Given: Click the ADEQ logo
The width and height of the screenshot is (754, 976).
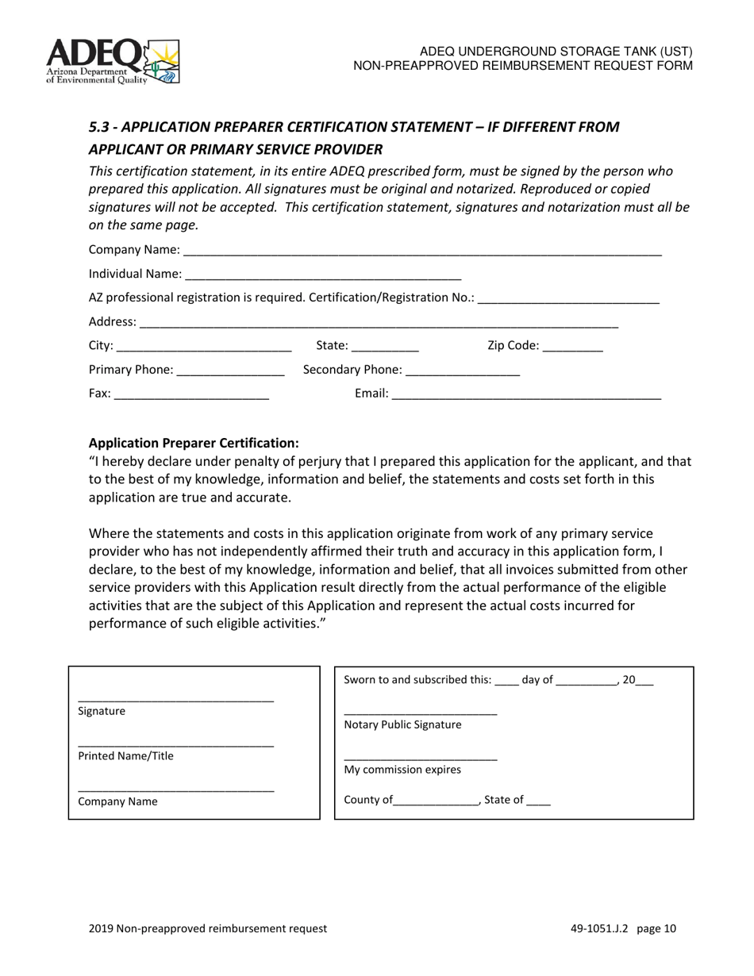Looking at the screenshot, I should click(x=113, y=61).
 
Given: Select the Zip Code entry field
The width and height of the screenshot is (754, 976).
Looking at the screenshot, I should click(x=573, y=346).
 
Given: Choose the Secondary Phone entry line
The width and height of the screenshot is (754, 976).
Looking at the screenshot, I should click(x=462, y=371).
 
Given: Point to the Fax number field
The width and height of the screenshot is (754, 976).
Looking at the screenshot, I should click(x=191, y=394).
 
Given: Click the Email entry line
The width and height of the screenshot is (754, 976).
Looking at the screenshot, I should click(x=526, y=394).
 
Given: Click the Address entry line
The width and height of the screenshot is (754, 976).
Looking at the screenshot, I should click(x=379, y=322).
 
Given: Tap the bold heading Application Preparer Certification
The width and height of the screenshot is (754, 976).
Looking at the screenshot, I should click(x=194, y=443).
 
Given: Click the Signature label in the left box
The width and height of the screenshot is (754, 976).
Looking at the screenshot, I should click(x=102, y=711).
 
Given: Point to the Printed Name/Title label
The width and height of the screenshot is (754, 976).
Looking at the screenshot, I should click(x=125, y=756).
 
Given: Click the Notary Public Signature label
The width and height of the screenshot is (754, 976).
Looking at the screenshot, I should click(x=402, y=724).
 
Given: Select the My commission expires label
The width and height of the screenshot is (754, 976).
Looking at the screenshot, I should click(x=402, y=770).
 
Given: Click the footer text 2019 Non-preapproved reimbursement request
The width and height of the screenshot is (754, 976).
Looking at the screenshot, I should click(x=208, y=928).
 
